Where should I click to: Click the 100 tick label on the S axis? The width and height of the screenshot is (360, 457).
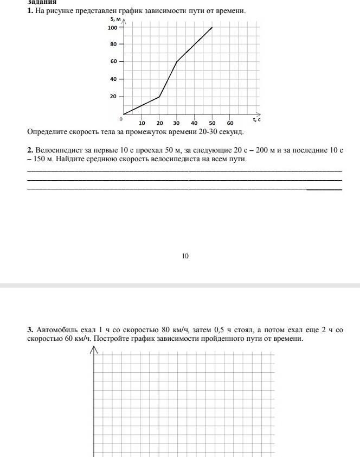point(113,28)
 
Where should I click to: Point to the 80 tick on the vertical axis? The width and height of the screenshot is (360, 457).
point(114,45)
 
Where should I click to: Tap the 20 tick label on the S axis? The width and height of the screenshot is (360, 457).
point(114,97)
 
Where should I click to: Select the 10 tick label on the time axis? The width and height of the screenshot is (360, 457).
point(142,123)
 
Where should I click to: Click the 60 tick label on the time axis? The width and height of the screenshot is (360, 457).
point(230,123)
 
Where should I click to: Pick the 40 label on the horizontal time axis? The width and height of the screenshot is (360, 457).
point(194,123)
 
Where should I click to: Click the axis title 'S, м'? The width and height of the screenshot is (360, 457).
point(115,20)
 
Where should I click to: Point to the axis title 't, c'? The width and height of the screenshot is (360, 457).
point(256,119)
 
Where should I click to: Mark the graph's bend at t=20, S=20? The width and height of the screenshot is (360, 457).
point(159,97)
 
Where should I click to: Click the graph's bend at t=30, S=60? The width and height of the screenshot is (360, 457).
point(177,62)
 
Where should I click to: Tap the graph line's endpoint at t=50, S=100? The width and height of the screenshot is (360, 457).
point(212,27)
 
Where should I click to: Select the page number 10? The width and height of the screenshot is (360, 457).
point(185,256)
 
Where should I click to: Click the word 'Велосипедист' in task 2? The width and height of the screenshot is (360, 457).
point(59,150)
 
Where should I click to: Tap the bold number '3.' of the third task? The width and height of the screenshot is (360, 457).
point(30,329)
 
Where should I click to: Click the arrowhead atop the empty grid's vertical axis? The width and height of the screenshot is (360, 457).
point(94,350)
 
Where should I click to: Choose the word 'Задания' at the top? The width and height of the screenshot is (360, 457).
point(42,2)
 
